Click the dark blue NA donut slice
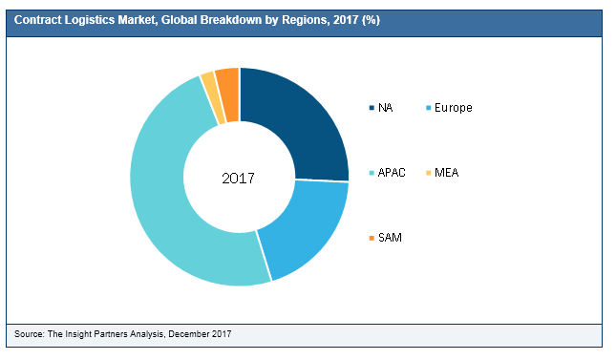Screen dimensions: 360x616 point(301,119)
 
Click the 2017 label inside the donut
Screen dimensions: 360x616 point(240,178)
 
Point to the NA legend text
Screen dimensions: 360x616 point(385,108)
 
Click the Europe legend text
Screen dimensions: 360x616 point(453,108)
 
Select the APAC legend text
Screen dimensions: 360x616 point(392,172)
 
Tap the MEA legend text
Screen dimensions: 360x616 point(447,172)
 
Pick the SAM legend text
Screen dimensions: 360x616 point(390,237)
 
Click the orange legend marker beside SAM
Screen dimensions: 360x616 point(371,237)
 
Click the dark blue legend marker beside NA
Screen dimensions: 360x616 point(371,108)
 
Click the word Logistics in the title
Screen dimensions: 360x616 point(91,21)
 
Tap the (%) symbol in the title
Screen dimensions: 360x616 point(370,21)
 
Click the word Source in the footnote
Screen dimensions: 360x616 point(30,333)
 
